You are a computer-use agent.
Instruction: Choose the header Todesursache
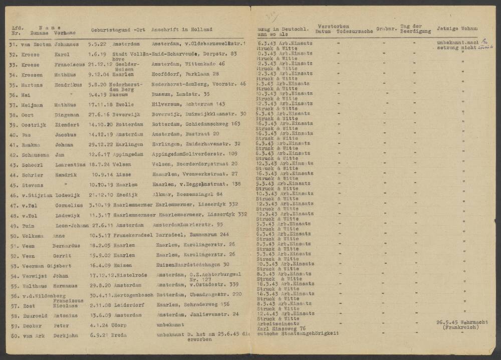[x=355, y=32]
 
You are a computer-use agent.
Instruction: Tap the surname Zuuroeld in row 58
[x=35, y=316]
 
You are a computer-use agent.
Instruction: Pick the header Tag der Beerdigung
[x=413, y=29]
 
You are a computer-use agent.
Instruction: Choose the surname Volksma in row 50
[x=33, y=236]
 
